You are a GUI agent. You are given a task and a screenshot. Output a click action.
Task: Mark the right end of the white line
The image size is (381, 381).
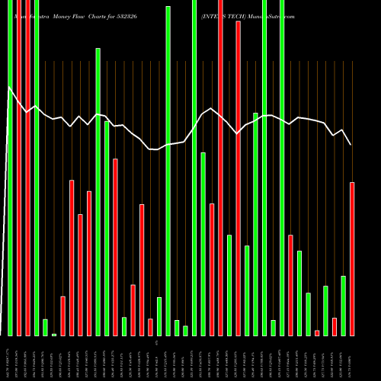coord(351,145)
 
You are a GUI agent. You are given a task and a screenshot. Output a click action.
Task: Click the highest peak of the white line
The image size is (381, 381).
coord(9,88)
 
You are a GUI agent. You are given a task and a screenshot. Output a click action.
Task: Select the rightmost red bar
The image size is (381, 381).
coord(352,259)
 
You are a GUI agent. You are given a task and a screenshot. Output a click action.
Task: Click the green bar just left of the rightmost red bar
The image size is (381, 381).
coord(344,306)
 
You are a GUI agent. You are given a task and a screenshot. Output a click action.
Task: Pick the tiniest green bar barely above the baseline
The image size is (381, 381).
coord(54,335)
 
